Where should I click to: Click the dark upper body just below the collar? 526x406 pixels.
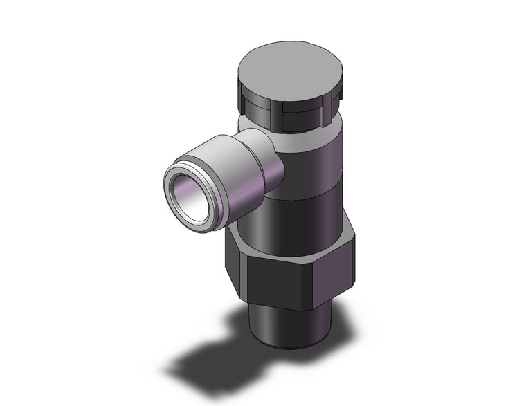click(x=318, y=166)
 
